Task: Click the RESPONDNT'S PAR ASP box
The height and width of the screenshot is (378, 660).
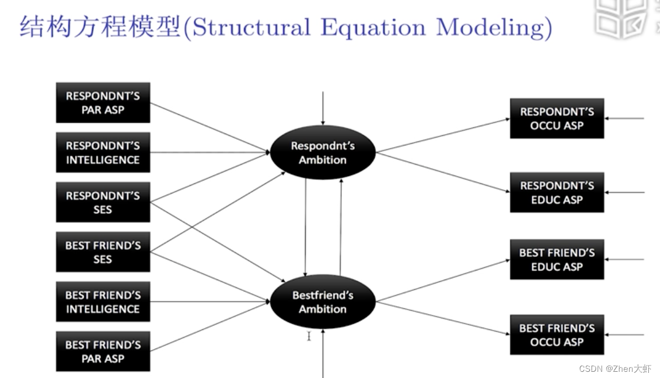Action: pos(103,102)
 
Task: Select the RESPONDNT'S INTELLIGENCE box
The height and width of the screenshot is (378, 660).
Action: pos(103,152)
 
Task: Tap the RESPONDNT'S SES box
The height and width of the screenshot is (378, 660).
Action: pos(103,202)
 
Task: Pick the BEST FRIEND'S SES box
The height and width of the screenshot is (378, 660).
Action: pos(103,252)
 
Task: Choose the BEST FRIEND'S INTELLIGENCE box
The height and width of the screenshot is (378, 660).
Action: pos(103,302)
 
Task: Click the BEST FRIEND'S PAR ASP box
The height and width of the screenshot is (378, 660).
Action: pos(103,351)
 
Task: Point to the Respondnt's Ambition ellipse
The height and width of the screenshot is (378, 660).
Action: pos(323,152)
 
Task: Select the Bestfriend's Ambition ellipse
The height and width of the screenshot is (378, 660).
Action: pos(323,302)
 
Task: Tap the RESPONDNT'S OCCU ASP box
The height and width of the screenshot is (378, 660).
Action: pos(557,118)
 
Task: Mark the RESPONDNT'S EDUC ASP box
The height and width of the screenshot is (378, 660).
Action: pos(557,192)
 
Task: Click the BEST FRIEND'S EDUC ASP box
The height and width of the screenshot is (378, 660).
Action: pos(557,260)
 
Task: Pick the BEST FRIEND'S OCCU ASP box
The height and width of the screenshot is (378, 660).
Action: pos(557,334)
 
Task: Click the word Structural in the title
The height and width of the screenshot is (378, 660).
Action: pos(251,27)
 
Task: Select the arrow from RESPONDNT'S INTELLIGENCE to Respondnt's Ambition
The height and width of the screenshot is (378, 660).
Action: pos(209,152)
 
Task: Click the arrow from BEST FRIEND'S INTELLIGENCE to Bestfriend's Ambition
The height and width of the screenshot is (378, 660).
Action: pos(209,302)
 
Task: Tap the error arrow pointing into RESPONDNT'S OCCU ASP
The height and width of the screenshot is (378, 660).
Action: pos(624,119)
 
